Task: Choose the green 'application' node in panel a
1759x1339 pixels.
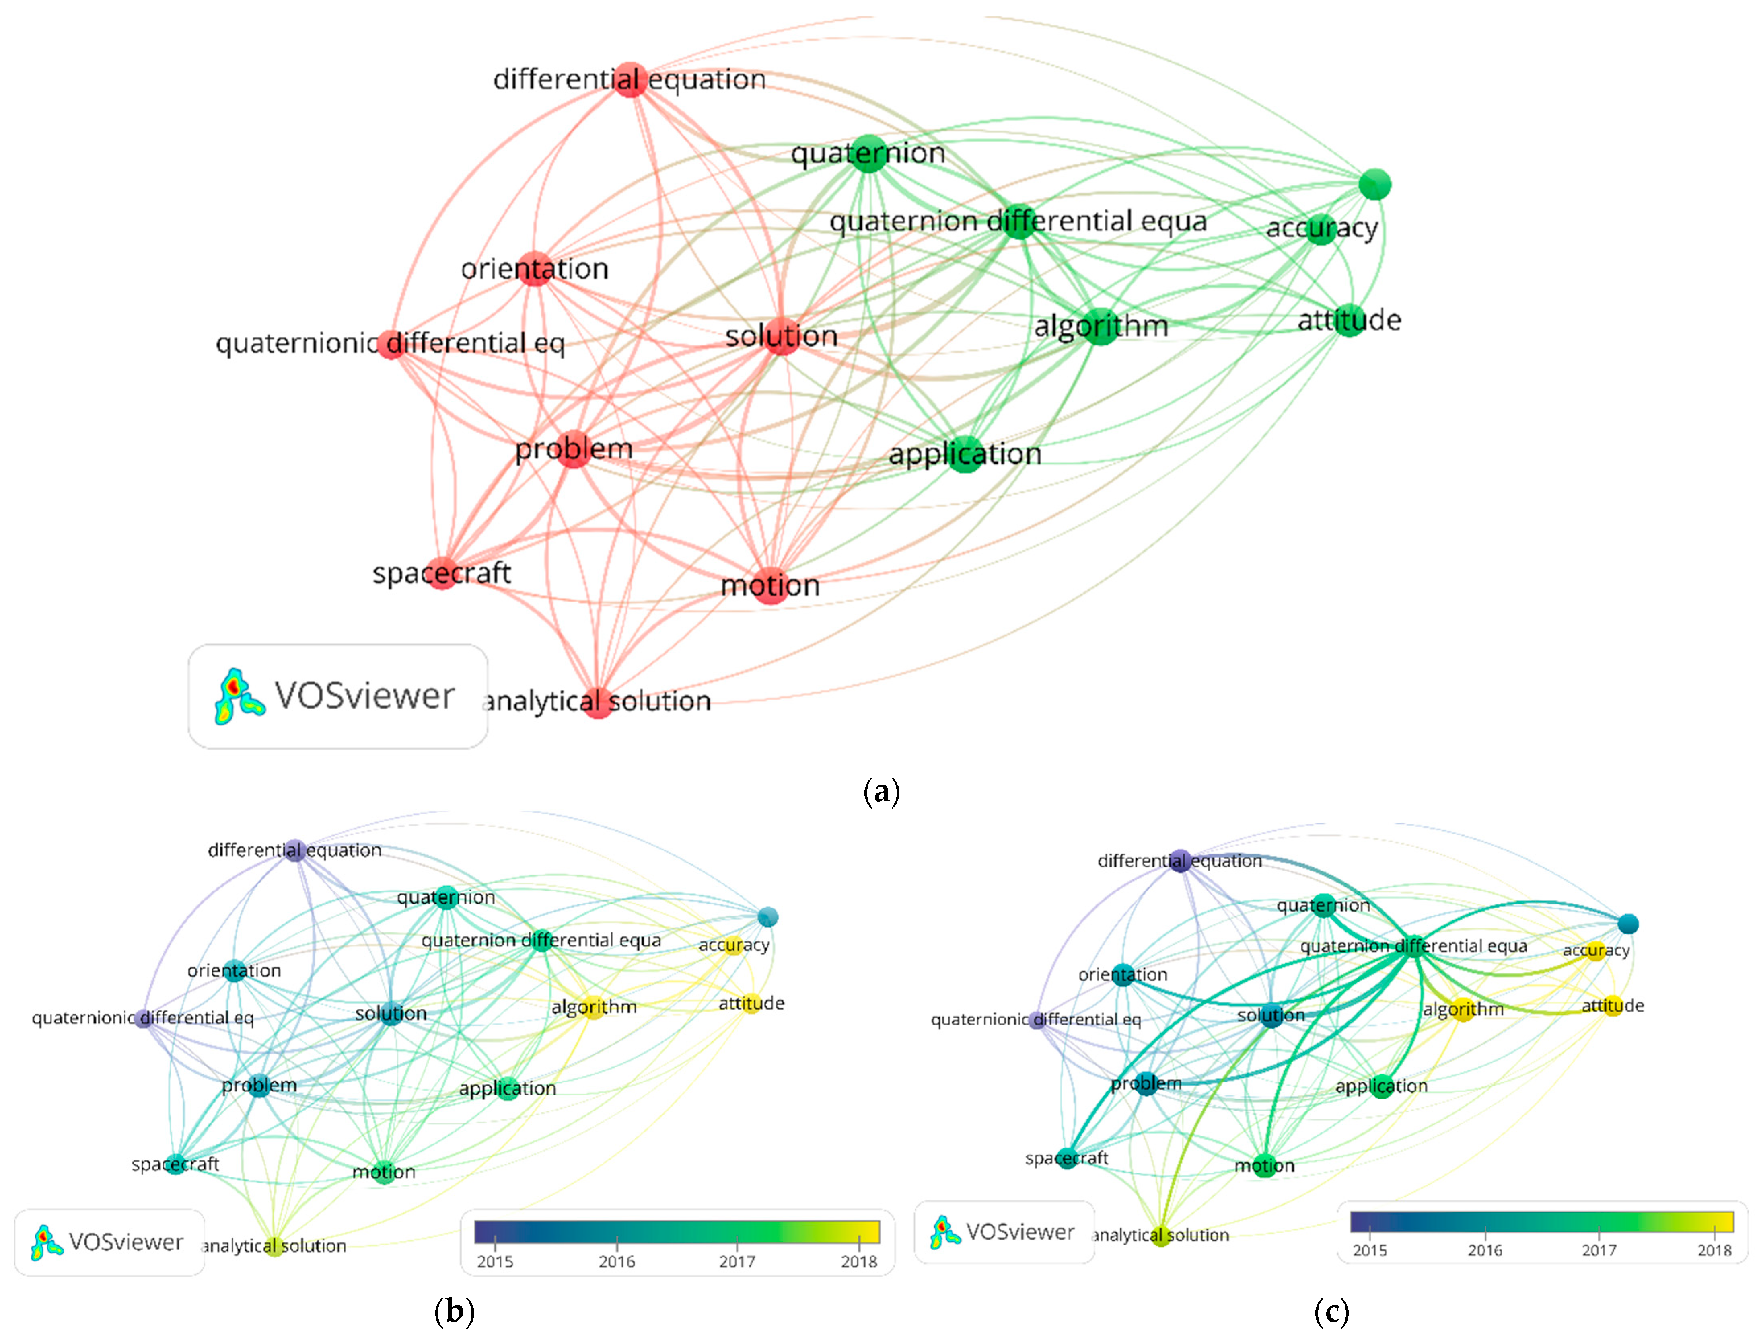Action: [x=965, y=454]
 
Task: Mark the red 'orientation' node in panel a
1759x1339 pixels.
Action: [x=535, y=269]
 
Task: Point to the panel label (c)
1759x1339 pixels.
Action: [x=1331, y=1311]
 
